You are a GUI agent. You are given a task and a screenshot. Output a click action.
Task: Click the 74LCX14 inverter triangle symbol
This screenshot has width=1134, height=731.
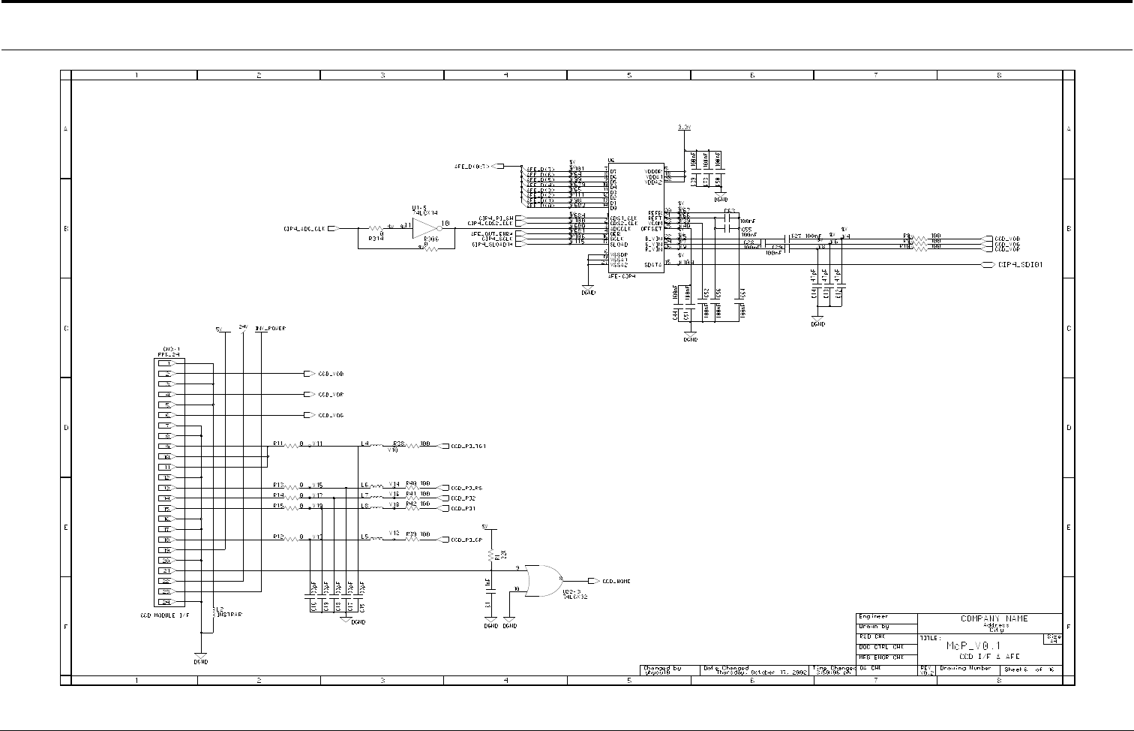[425, 227]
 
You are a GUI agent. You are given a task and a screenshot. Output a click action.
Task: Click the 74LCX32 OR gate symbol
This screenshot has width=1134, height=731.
[540, 580]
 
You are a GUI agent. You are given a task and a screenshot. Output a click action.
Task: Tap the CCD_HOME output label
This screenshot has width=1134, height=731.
[616, 581]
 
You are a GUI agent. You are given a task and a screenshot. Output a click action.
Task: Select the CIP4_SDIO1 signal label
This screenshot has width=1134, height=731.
[1021, 264]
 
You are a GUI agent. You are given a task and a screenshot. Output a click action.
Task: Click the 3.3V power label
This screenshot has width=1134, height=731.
[684, 128]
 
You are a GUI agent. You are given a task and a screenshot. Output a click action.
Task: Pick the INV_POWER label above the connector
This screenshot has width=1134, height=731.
[270, 329]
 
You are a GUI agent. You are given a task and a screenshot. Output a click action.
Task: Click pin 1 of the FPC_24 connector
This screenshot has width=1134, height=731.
[168, 363]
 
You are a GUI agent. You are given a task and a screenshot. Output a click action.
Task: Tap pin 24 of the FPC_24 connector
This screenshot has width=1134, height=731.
[168, 602]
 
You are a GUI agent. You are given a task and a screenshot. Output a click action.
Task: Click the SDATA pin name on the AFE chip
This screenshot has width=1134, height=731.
[652, 263]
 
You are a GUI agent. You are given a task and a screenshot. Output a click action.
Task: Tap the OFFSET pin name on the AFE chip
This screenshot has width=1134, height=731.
[651, 228]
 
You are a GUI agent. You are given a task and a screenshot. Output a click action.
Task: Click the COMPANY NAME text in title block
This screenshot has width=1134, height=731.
[994, 619]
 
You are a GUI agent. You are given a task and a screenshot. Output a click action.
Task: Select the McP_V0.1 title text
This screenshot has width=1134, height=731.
[973, 645]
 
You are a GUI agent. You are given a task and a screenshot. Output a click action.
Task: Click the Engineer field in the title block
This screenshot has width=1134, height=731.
[874, 617]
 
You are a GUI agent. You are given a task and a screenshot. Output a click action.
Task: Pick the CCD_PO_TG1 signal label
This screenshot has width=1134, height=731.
[468, 446]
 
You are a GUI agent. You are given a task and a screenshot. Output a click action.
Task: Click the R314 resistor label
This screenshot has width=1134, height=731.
[376, 238]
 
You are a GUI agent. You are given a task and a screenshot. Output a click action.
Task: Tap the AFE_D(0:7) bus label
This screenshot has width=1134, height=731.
[472, 166]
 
